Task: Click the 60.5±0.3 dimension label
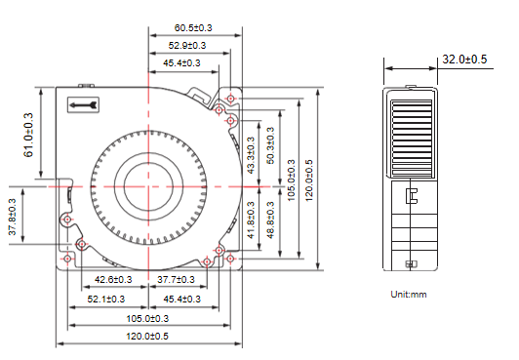[x=193, y=27]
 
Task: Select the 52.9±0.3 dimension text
[x=187, y=45]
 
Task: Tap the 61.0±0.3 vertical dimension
[x=28, y=135]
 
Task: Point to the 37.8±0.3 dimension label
[x=13, y=217]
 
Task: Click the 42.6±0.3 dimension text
[x=113, y=280]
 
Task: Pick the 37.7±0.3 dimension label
[x=176, y=280]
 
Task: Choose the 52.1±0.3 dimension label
[x=106, y=300]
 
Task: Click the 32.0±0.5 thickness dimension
[x=464, y=60]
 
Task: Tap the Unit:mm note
[x=409, y=295]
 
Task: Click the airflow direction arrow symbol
[x=83, y=105]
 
